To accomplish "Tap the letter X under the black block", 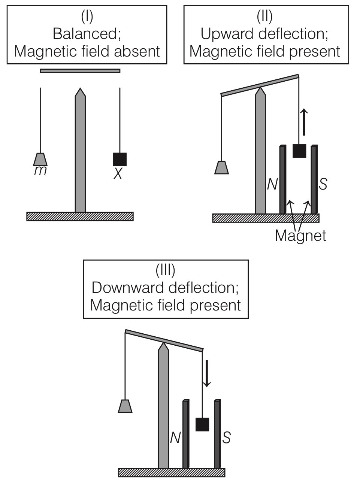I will [x=118, y=174].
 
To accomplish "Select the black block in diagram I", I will [x=120, y=159].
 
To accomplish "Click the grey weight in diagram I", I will [x=40, y=160].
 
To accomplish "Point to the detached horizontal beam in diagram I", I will [x=80, y=70].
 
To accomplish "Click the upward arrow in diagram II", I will [x=304, y=122].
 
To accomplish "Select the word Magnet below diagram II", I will [x=300, y=235].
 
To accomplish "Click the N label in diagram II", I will [x=272, y=184].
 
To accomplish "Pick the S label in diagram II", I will [x=323, y=184].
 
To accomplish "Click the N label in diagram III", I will [x=175, y=437].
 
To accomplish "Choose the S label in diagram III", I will [x=226, y=437].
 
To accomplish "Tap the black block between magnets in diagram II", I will [x=299, y=151].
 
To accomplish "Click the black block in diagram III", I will [x=202, y=424].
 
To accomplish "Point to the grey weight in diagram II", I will [x=221, y=168].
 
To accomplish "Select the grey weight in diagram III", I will [x=125, y=406].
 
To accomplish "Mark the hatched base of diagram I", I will [x=80, y=216].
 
